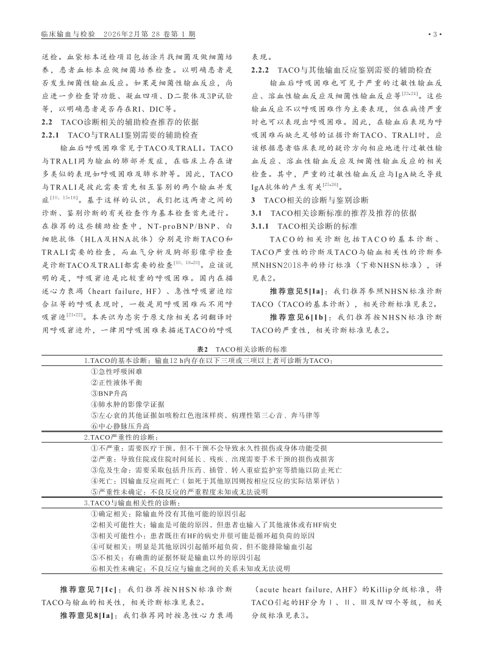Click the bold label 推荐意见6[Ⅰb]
(x=301, y=317)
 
